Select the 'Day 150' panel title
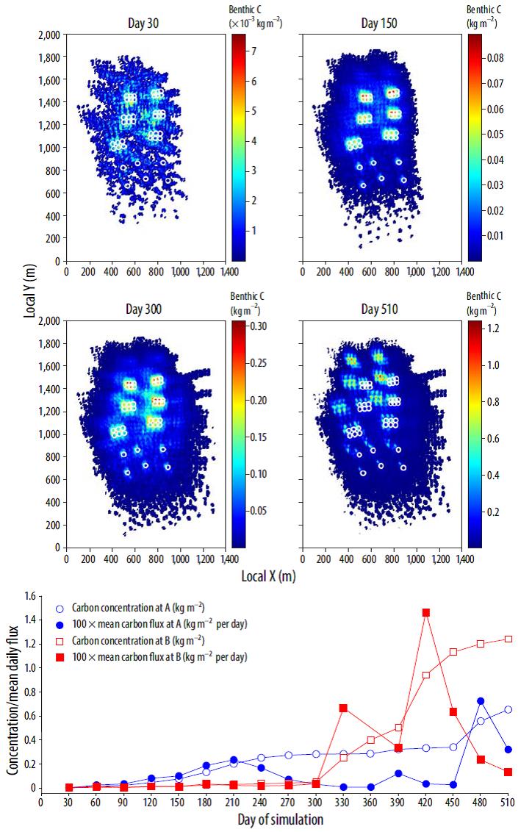click(x=379, y=24)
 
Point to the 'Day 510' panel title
click(x=379, y=309)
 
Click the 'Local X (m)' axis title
click(x=268, y=576)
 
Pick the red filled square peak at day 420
click(x=425, y=612)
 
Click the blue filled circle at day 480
click(x=481, y=701)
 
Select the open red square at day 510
click(x=508, y=639)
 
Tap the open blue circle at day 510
click(x=508, y=709)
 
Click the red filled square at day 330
click(x=343, y=708)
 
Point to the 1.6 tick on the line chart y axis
click(x=32, y=596)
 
